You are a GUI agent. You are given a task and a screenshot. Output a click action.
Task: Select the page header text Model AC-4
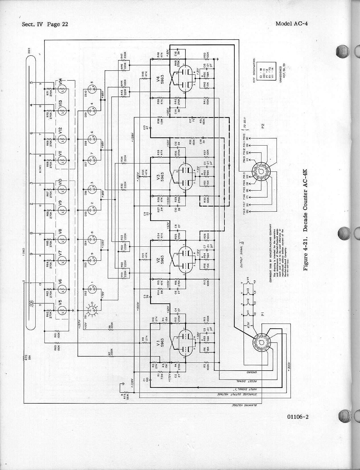[291, 23]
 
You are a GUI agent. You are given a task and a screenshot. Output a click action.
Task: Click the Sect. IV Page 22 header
[45, 24]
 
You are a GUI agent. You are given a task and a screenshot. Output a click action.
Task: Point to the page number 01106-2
[298, 417]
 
